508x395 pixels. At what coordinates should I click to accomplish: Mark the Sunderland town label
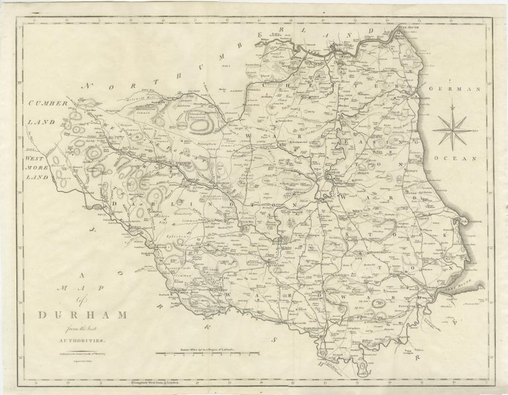(414, 98)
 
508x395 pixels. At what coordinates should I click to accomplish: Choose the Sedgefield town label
(368, 252)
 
